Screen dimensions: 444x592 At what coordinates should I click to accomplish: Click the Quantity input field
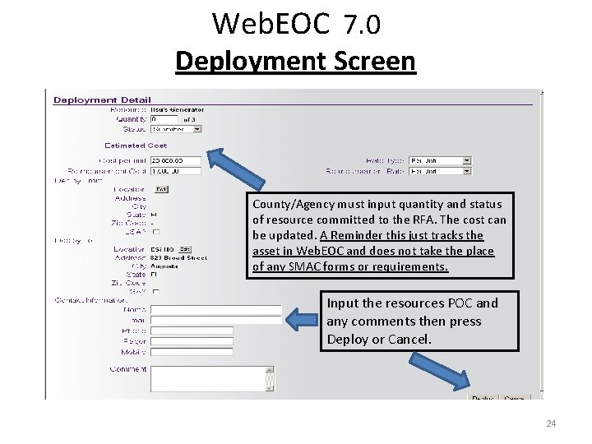tap(164, 119)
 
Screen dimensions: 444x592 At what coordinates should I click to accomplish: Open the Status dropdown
tap(176, 129)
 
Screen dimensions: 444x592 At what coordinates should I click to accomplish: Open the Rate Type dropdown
tap(440, 160)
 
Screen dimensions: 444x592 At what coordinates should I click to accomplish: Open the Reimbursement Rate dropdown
tap(440, 171)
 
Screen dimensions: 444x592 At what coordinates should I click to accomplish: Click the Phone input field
tap(192, 331)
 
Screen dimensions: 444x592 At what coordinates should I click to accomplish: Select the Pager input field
tap(192, 341)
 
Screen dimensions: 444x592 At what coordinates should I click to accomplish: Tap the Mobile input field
tap(192, 352)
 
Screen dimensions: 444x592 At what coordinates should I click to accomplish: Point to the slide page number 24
tap(551, 423)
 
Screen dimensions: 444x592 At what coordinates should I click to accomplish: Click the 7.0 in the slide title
tap(362, 25)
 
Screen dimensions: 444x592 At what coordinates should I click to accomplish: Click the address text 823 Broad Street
tap(178, 257)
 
